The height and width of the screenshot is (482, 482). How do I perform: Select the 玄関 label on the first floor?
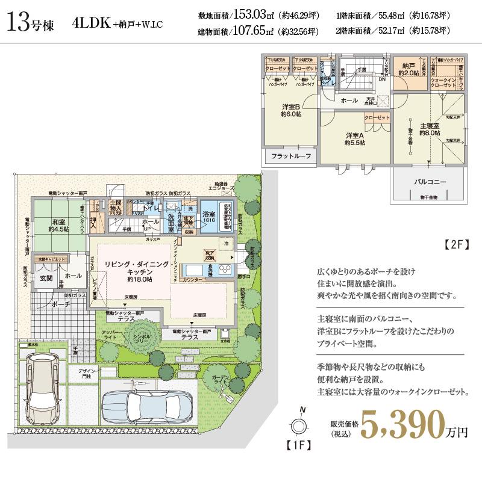click(x=46, y=277)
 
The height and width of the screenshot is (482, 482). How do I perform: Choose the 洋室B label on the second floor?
click(x=291, y=110)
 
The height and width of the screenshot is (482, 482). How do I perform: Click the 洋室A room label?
click(x=354, y=138)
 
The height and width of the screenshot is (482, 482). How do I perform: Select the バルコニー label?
click(x=430, y=181)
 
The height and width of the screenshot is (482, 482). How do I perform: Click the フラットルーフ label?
click(x=291, y=156)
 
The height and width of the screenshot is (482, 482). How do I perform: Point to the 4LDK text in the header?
click(x=90, y=24)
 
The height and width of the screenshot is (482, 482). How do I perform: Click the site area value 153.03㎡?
click(x=252, y=16)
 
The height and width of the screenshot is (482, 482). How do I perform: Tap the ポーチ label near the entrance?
click(x=62, y=304)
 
